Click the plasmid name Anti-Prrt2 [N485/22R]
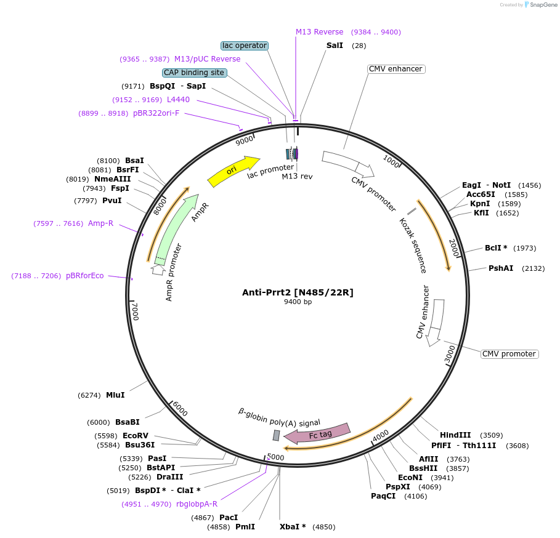(x=298, y=292)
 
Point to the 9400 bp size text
(x=298, y=302)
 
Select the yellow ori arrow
(x=233, y=171)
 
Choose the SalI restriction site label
(x=335, y=46)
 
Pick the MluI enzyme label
(x=115, y=395)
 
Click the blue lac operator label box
(x=245, y=46)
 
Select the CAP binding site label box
(x=194, y=73)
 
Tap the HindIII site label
(x=455, y=435)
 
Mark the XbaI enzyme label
(x=293, y=527)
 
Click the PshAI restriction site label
(x=501, y=268)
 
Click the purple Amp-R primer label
(x=100, y=223)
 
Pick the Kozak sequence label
(x=413, y=244)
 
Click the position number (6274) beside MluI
(x=89, y=395)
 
